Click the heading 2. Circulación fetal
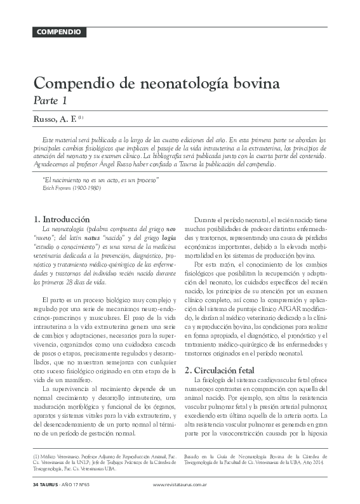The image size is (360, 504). tap(220, 369)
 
